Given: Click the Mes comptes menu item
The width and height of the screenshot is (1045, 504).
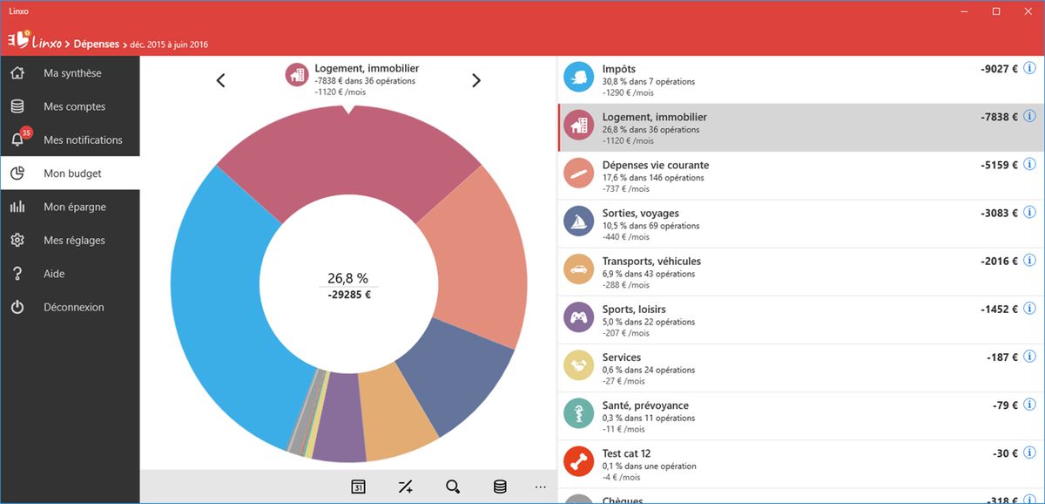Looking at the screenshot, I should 74,106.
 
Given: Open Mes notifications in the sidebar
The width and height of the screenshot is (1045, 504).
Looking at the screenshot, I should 83,140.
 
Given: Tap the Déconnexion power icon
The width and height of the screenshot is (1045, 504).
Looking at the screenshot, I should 17,307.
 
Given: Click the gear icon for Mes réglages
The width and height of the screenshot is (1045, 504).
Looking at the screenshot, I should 17,241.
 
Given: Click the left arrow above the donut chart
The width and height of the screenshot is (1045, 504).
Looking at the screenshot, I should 221,80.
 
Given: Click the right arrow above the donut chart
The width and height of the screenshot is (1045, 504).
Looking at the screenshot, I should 476,80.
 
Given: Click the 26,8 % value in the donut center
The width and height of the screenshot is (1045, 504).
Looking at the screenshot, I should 347,278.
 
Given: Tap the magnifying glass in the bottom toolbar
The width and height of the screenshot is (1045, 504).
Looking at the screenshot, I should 452,487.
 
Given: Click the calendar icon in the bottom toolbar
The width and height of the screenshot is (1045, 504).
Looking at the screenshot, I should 358,487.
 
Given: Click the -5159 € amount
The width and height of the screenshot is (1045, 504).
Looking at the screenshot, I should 995,165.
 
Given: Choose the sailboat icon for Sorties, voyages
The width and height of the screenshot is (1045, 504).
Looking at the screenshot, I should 577,221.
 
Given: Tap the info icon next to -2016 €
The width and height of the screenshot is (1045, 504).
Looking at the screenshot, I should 1029,261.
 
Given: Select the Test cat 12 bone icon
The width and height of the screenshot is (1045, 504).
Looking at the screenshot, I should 577,460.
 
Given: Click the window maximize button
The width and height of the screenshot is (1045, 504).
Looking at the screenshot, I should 996,11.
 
